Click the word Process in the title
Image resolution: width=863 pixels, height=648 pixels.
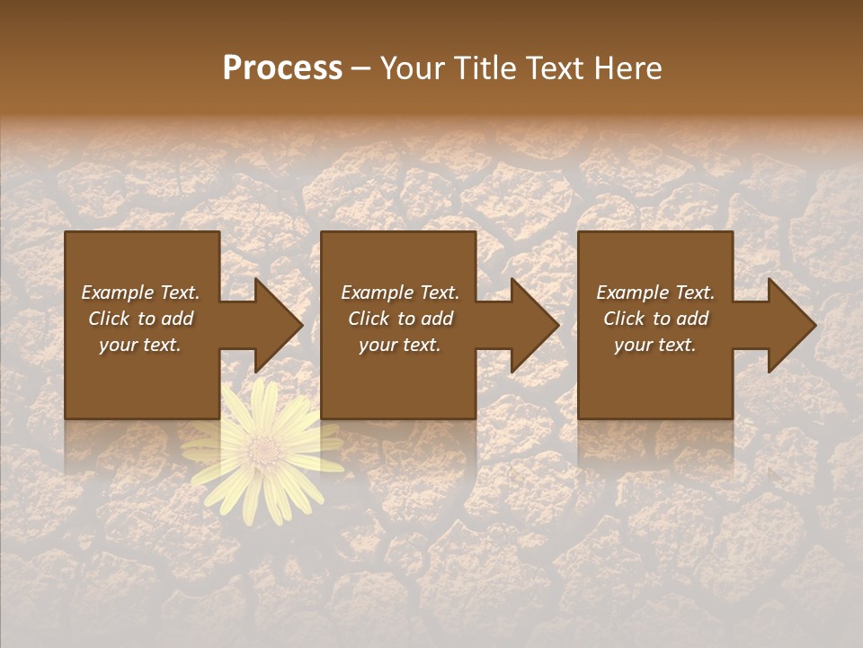pos(282,67)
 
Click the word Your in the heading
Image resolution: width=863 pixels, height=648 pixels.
pos(413,67)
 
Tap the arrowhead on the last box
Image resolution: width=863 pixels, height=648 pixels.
pos(790,325)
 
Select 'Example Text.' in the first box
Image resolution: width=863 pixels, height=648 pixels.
pos(140,292)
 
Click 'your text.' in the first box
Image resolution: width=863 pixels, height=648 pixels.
pos(140,345)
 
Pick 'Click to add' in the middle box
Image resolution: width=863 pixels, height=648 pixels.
pos(400,319)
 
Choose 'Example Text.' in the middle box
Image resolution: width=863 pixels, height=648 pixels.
pos(400,292)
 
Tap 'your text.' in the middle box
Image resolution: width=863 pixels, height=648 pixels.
pos(400,345)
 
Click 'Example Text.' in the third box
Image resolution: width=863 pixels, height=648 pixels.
pos(655,292)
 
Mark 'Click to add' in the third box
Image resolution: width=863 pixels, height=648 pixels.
pos(655,319)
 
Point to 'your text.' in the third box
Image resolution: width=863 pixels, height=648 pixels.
pos(655,345)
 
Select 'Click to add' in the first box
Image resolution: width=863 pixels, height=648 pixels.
pos(140,319)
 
